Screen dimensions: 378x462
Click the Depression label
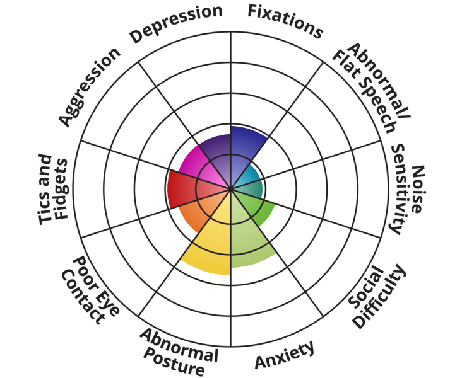pos(176,25)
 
